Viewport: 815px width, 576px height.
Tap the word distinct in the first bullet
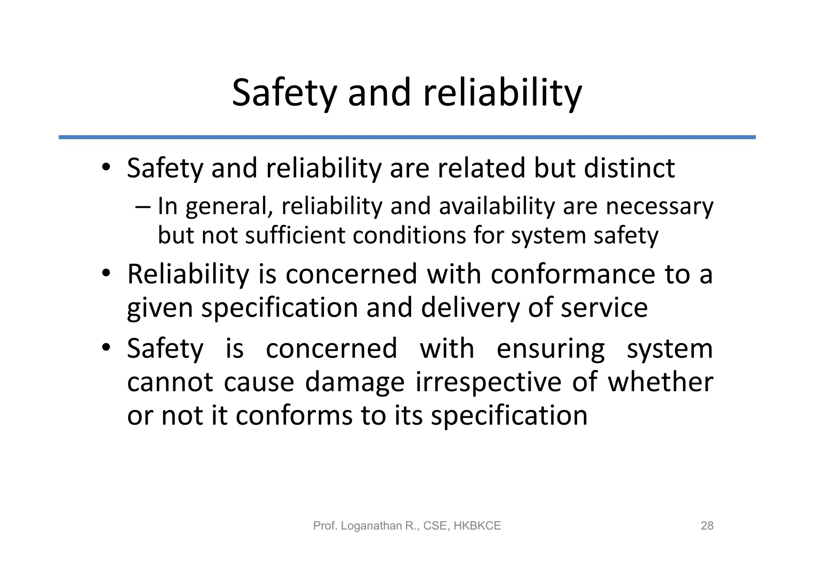tap(630, 168)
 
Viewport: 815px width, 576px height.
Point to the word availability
tap(496, 206)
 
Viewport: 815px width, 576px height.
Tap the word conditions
tap(409, 235)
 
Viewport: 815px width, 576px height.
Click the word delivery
tap(470, 308)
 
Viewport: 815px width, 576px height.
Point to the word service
tap(604, 308)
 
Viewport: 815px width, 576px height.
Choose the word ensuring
tap(551, 349)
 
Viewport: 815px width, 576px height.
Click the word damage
tap(355, 382)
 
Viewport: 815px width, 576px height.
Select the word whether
tap(660, 382)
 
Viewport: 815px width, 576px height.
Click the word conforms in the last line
tap(294, 415)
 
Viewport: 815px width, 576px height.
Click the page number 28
tap(707, 526)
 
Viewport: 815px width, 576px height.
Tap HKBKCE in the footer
tap(477, 526)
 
